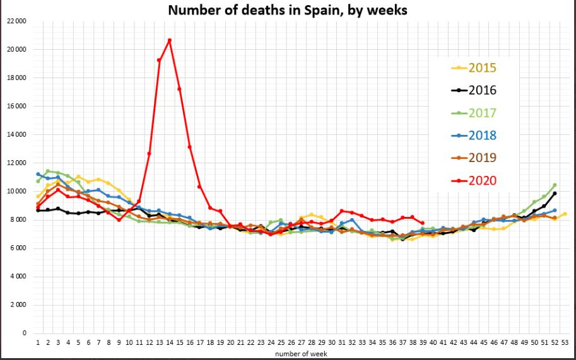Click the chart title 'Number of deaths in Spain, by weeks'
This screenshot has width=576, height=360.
(x=288, y=11)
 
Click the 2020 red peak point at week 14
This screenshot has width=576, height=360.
(x=170, y=40)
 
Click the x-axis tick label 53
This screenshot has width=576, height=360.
(x=565, y=343)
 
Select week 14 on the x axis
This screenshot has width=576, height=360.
(x=170, y=343)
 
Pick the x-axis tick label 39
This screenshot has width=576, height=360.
(x=422, y=343)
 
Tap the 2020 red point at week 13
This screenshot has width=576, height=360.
(x=160, y=61)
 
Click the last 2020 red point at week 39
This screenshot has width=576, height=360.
(x=422, y=223)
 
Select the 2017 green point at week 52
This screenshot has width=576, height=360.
(x=555, y=185)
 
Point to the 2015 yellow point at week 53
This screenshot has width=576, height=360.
(x=565, y=214)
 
